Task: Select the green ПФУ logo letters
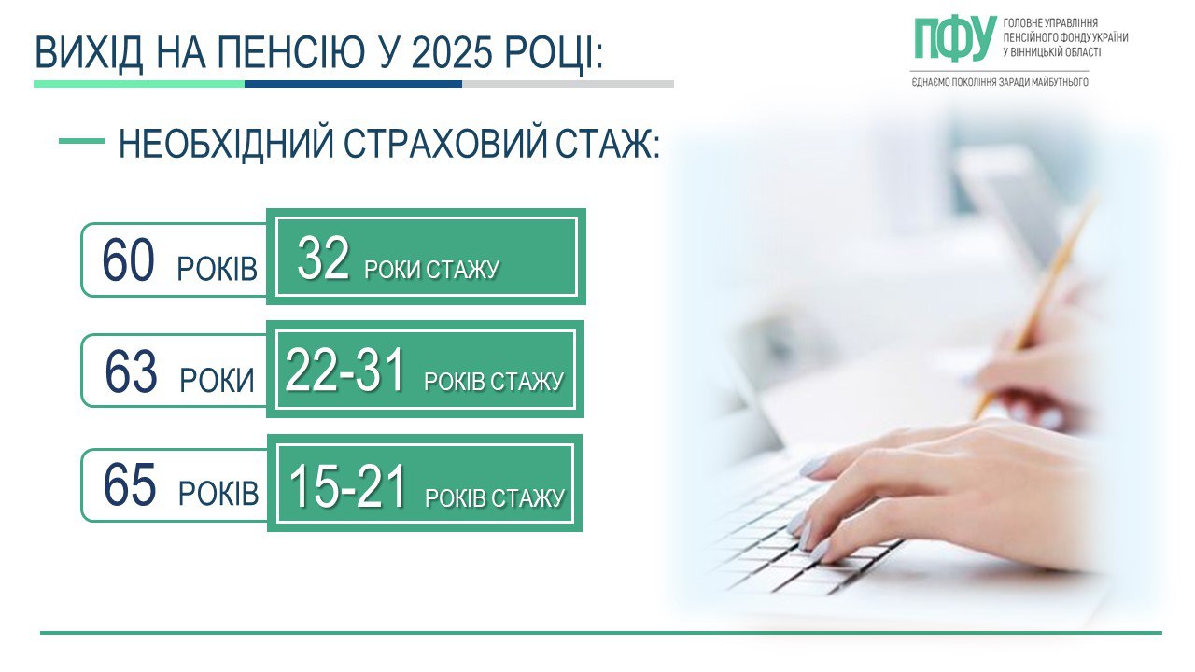coord(954,39)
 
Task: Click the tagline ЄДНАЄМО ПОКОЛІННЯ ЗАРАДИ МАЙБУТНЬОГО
coord(1000,82)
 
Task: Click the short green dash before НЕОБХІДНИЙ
coord(81,141)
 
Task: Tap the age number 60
coord(128,260)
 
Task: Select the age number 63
coord(131,372)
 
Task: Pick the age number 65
coord(129,485)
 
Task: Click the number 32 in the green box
coord(323,259)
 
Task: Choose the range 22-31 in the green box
coord(345,371)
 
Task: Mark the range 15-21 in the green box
coord(347,486)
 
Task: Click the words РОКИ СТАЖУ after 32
coord(432,271)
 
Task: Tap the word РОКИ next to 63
coord(217,381)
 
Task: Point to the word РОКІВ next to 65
coord(218,494)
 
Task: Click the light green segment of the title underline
coord(139,84)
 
